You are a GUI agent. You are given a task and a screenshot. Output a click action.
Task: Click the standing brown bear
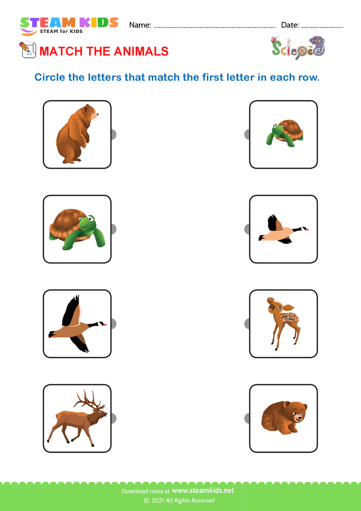77,134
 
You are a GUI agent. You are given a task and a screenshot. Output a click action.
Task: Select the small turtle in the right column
284,133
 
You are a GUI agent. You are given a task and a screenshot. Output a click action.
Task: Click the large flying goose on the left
77,323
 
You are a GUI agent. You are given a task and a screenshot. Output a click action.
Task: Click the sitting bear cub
284,417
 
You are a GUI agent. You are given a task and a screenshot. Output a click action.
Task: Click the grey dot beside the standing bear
113,134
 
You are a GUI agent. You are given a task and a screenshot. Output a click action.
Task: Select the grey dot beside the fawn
247,323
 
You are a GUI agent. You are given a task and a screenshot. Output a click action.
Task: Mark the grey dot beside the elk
113,418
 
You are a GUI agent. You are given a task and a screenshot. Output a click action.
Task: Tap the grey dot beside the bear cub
247,418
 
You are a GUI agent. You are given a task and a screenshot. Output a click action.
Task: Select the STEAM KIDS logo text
69,22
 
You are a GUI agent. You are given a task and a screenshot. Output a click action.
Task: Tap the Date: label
290,25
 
